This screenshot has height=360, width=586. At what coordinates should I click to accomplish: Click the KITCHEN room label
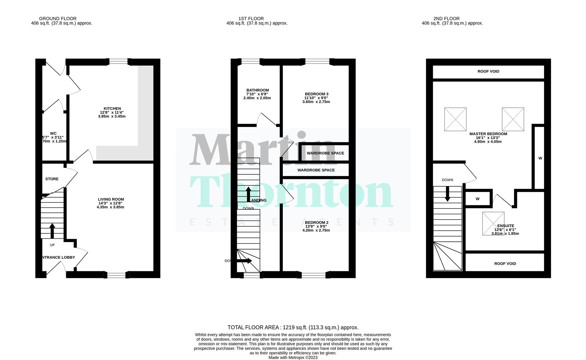coord(112,109)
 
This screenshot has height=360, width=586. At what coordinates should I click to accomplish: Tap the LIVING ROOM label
coord(111,199)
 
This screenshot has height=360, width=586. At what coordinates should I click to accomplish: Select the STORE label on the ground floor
coord(52,179)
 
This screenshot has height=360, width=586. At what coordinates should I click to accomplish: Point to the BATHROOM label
coord(257,90)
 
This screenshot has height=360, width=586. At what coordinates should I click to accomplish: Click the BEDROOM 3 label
coord(316,94)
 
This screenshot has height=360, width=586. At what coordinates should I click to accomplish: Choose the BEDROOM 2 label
coord(316,223)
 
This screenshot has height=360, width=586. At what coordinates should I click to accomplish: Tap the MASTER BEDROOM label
coord(488,134)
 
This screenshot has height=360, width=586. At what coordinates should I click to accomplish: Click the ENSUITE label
coord(505,226)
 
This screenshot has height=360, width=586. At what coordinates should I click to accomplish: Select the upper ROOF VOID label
coord(488,71)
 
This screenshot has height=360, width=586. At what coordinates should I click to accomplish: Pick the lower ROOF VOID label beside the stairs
coord(505,264)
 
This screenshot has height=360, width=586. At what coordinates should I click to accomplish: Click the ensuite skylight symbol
coord(493,223)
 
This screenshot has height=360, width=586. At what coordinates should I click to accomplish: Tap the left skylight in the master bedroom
coord(455,119)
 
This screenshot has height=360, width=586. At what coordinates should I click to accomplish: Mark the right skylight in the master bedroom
coord(513,119)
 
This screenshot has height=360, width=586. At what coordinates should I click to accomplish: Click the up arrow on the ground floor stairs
coord(52,230)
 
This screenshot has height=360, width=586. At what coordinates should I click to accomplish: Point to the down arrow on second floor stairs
coord(447,194)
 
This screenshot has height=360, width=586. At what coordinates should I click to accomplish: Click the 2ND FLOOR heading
coord(446,19)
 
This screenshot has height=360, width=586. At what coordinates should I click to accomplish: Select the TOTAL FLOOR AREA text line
coord(293,328)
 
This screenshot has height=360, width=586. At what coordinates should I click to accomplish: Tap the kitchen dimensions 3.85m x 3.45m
coord(112,116)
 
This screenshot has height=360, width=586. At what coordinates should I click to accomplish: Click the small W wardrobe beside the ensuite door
coord(478,199)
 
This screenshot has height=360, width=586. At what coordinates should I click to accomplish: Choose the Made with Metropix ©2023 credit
coord(293,358)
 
